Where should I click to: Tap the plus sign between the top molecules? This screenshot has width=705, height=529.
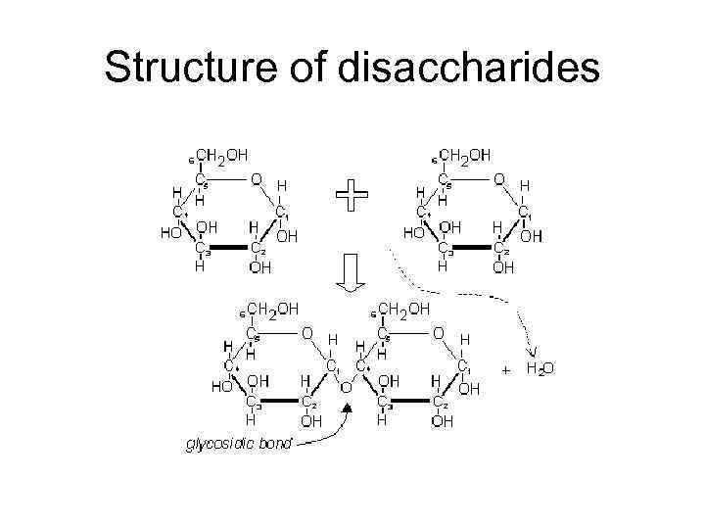pyautogui.click(x=352, y=199)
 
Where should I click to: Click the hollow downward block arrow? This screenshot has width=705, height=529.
pyautogui.click(x=351, y=274)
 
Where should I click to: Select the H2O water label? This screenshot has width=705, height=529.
pyautogui.click(x=540, y=370)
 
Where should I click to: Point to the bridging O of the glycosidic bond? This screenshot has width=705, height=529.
pyautogui.click(x=346, y=386)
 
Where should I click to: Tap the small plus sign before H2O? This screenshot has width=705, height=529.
pyautogui.click(x=506, y=371)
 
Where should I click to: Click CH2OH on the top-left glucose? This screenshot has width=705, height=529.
pyautogui.click(x=222, y=156)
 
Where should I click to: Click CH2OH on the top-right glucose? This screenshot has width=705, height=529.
pyautogui.click(x=464, y=156)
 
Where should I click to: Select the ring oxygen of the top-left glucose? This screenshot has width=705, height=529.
pyautogui.click(x=256, y=180)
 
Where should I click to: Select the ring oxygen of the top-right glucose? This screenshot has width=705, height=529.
pyautogui.click(x=498, y=180)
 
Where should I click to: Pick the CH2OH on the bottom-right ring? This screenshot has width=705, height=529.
pyautogui.click(x=401, y=310)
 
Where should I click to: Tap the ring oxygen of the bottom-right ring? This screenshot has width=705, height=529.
pyautogui.click(x=438, y=334)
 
